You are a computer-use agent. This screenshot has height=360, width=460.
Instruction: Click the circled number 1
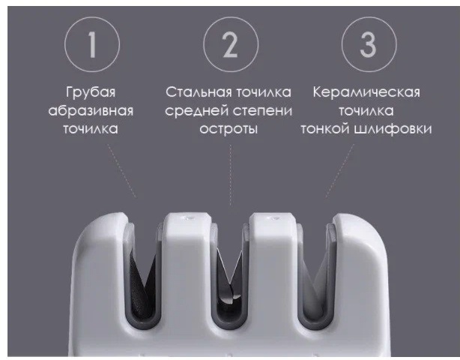(92, 44)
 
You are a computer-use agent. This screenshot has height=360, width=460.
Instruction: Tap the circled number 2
(231, 44)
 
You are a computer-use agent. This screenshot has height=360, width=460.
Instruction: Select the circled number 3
(369, 44)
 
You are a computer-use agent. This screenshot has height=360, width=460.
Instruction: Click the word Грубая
(91, 92)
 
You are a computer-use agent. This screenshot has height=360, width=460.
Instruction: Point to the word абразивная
(91, 111)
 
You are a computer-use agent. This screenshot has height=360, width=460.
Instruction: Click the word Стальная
(199, 92)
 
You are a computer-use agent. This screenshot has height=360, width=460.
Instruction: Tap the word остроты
(229, 129)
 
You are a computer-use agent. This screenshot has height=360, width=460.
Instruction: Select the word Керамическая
(366, 92)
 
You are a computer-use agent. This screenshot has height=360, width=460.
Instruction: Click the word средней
(198, 111)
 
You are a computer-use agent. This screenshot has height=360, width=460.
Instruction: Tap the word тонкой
(325, 129)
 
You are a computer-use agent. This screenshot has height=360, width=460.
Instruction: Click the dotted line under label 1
(122, 170)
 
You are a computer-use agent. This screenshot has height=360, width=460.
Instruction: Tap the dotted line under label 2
(231, 175)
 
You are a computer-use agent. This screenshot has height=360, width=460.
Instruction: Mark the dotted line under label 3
(340, 170)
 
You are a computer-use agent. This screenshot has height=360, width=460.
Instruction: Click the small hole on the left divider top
(188, 217)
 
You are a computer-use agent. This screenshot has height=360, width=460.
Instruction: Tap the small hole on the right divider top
(273, 217)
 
